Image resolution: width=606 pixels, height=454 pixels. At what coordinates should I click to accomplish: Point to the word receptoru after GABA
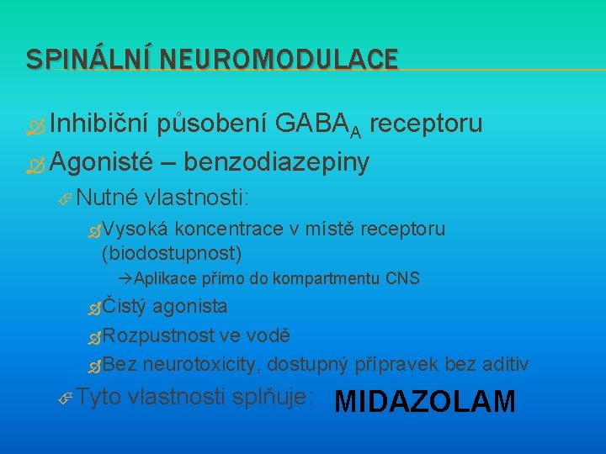point(426,124)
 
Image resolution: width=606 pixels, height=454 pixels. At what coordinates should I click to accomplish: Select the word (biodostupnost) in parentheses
point(171,252)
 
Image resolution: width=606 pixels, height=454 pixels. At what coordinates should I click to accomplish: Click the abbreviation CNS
point(402,278)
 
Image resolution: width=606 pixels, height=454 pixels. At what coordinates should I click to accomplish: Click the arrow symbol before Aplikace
point(125,278)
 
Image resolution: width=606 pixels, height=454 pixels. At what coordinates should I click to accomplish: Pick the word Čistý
point(127,306)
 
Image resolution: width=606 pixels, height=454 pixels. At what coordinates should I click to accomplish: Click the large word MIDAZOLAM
point(425,402)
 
